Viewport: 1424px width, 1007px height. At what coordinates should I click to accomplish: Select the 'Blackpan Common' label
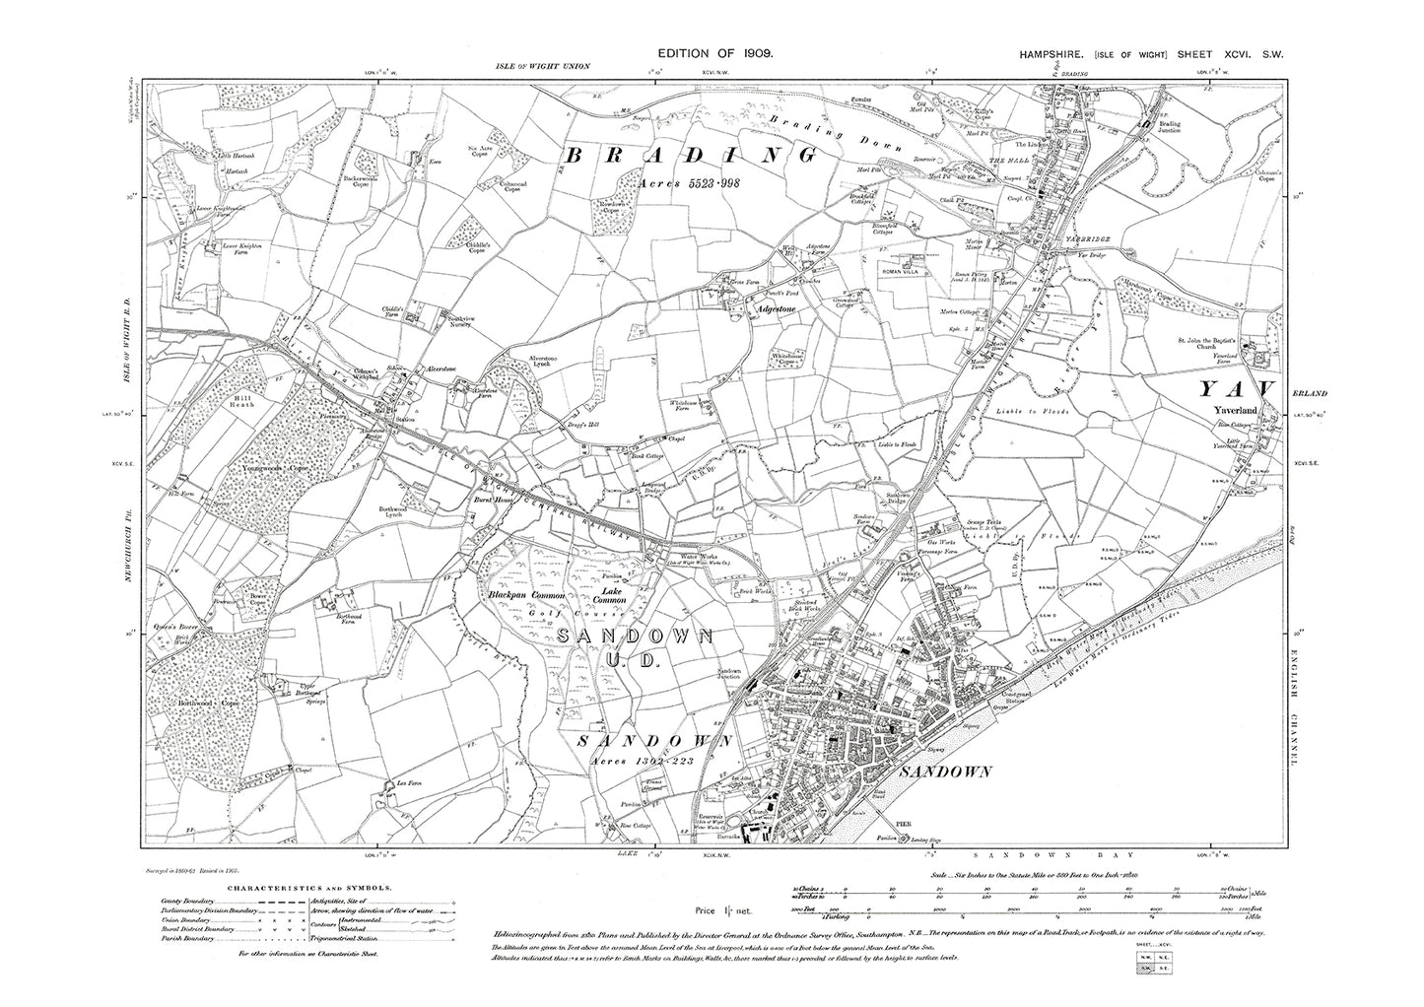(x=526, y=596)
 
